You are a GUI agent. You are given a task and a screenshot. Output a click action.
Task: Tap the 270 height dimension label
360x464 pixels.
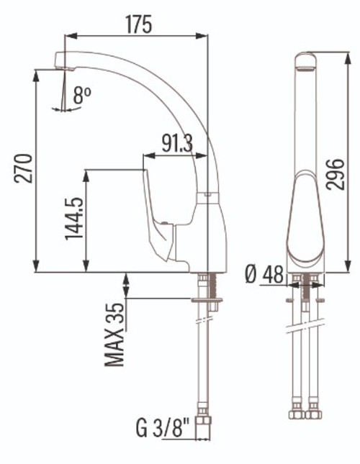tap(23, 168)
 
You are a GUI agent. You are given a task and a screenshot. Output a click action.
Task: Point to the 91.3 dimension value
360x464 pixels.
tap(177, 143)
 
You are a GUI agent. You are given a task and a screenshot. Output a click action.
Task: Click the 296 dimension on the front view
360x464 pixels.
tap(335, 174)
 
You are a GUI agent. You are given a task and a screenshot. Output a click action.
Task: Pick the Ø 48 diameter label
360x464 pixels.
tap(264, 274)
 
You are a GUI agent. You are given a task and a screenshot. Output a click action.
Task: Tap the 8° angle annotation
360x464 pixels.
tap(82, 95)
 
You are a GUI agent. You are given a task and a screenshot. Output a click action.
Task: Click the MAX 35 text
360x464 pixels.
tap(114, 335)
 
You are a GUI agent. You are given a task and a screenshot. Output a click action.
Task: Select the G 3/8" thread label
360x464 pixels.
tap(163, 428)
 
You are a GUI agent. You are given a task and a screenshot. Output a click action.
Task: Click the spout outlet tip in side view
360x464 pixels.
tap(65, 69)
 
